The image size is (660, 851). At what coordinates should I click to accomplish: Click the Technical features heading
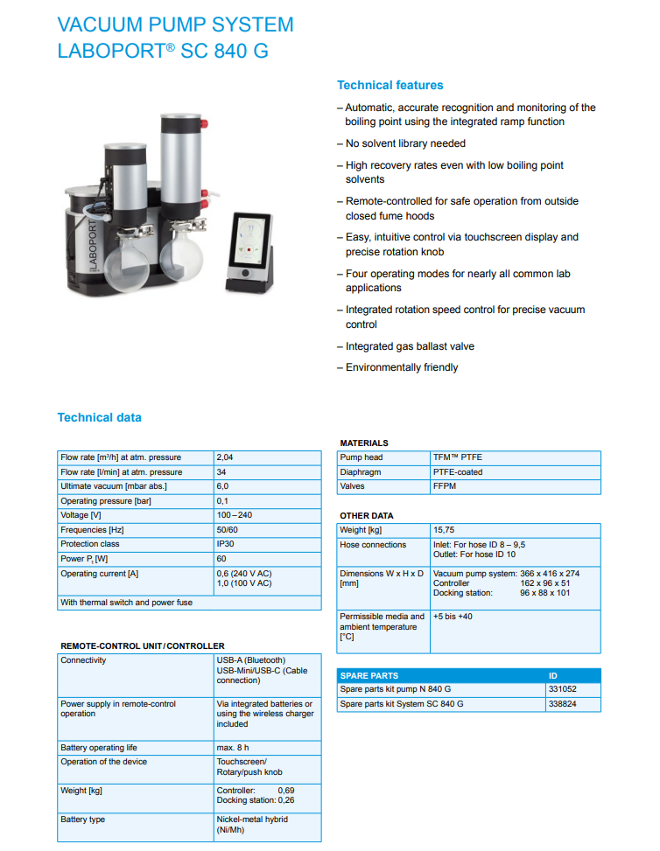point(390,85)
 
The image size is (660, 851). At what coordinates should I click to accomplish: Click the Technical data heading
point(99,417)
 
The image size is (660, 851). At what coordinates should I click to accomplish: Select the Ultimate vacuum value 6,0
point(223,486)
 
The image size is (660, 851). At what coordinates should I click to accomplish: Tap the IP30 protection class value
point(226,544)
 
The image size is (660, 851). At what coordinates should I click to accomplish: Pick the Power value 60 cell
point(221,558)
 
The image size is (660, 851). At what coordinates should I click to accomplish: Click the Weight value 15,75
point(444,530)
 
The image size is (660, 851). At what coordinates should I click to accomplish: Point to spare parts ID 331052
point(561,689)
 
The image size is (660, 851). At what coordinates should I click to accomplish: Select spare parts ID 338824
point(561,704)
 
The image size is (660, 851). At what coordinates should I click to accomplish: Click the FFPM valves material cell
point(444,486)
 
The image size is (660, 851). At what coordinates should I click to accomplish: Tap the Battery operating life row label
point(99,748)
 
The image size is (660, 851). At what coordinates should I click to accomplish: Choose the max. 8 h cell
point(233,748)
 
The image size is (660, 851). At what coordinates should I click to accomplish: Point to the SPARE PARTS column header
point(369,675)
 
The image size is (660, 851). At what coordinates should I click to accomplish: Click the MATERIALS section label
point(364,443)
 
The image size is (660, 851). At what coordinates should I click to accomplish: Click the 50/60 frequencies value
point(228,530)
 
